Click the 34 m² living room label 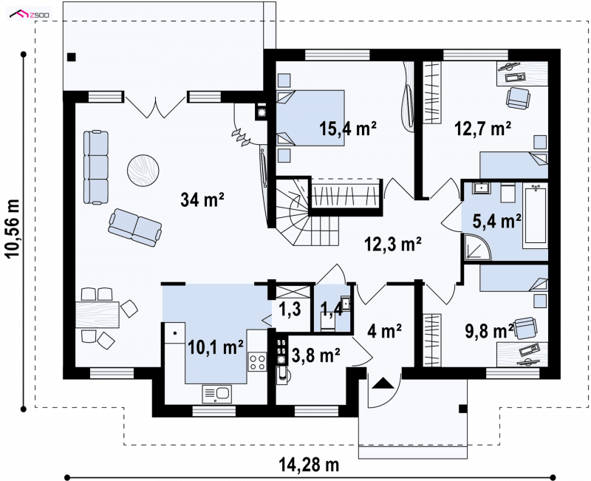click(x=202, y=199)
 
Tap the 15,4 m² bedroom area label click(x=347, y=129)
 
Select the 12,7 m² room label click(x=483, y=129)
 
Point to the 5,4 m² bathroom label click(x=497, y=221)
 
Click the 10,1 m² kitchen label click(x=215, y=347)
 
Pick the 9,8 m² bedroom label click(x=489, y=331)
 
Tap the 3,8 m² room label click(x=316, y=355)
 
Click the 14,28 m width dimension click(x=309, y=465)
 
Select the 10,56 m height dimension click(x=13, y=228)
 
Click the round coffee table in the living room click(x=143, y=171)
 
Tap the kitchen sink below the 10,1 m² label click(x=216, y=394)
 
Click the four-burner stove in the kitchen click(x=257, y=361)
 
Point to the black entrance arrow click(x=383, y=383)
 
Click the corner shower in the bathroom click(x=477, y=247)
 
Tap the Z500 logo click(x=30, y=14)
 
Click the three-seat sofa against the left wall click(x=96, y=168)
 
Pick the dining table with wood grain click(x=98, y=315)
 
